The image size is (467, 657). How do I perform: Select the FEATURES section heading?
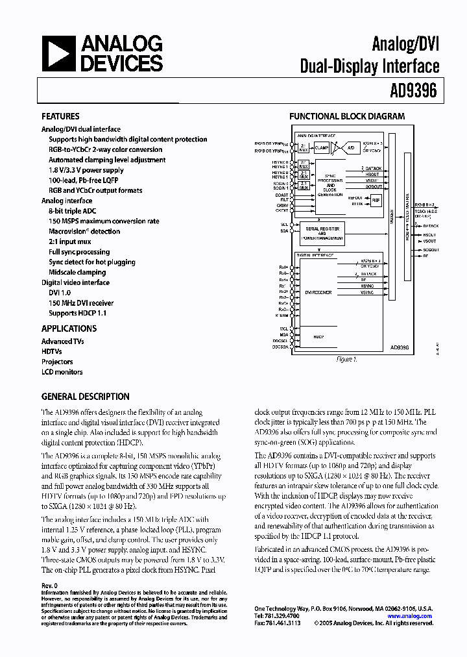(60, 116)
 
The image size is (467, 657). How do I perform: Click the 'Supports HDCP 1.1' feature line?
(77, 313)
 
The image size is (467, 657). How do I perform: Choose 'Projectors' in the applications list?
(57, 362)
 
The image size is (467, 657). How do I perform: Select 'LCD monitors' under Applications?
(62, 372)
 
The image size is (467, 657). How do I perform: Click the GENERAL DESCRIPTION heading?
(85, 397)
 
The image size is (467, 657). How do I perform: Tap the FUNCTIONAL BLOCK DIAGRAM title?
(346, 116)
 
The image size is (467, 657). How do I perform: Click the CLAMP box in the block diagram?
(322, 147)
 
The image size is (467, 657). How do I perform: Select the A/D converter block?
(352, 147)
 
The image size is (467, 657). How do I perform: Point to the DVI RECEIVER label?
(318, 293)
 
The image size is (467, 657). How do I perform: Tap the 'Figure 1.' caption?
(346, 359)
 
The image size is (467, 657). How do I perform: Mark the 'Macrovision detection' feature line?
(84, 231)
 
